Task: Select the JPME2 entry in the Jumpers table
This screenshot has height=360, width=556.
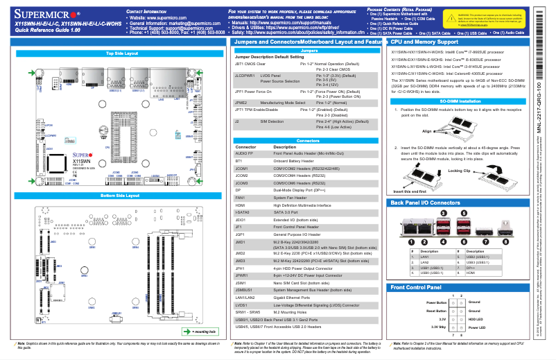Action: pos(246,102)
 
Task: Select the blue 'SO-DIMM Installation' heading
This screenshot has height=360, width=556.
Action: pos(460,101)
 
